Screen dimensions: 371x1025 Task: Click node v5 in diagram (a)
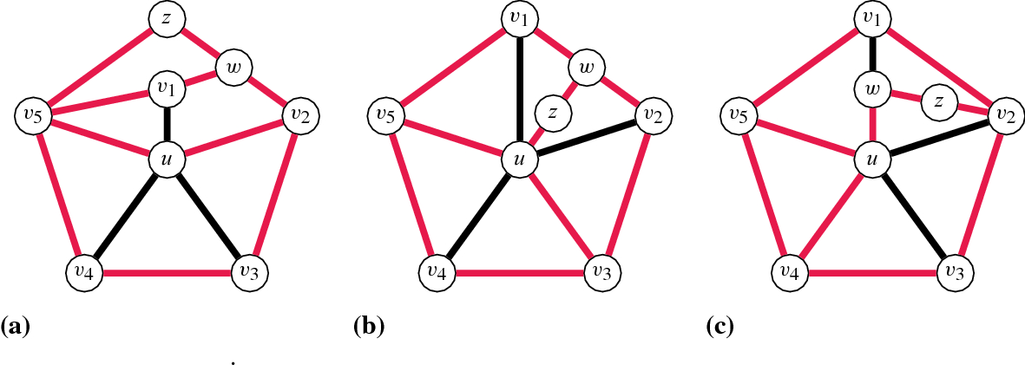point(31,114)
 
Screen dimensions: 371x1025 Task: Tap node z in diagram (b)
point(552,111)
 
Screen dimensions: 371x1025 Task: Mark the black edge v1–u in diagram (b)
point(518,87)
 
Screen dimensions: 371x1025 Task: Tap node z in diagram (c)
point(938,101)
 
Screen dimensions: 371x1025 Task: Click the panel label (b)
point(369,328)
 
